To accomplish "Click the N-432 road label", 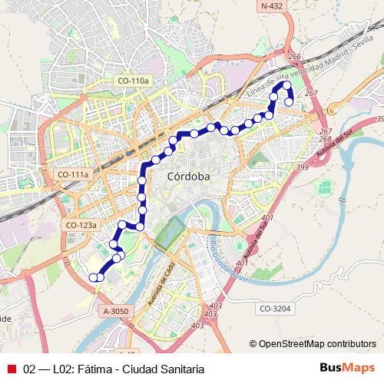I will pyautogui.click(x=271, y=6).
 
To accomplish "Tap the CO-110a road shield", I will pyautogui.click(x=134, y=81).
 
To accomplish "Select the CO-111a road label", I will pyautogui.click(x=74, y=174).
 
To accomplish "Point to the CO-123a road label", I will pyautogui.click(x=81, y=225).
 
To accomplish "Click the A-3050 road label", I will pyautogui.click(x=117, y=311).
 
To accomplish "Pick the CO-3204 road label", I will pyautogui.click(x=274, y=308).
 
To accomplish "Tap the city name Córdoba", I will pyautogui.click(x=188, y=177).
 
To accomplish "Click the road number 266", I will pyautogui.click(x=294, y=57).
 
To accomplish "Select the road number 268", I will pyautogui.click(x=326, y=139).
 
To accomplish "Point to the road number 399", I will pyautogui.click(x=302, y=167).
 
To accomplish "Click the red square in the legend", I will pyautogui.click(x=12, y=369).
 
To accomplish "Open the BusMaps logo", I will pyautogui.click(x=347, y=368).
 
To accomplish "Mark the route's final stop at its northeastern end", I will pyautogui.click(x=290, y=101).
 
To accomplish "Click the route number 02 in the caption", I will pyautogui.click(x=30, y=369).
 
